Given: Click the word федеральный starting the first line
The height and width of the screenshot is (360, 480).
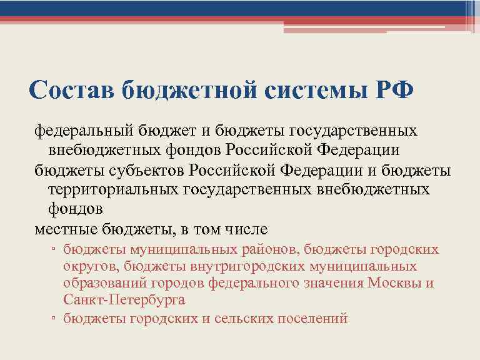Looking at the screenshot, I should (74, 132).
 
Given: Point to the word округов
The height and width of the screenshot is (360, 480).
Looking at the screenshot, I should (89, 266).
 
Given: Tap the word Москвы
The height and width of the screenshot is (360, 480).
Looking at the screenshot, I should (396, 283).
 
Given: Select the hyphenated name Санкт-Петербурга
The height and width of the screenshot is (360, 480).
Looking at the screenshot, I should (124, 300).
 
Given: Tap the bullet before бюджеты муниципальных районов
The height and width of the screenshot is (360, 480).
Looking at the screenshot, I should (54, 251).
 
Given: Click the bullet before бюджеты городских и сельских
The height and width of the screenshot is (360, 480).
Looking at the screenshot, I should (54, 319).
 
